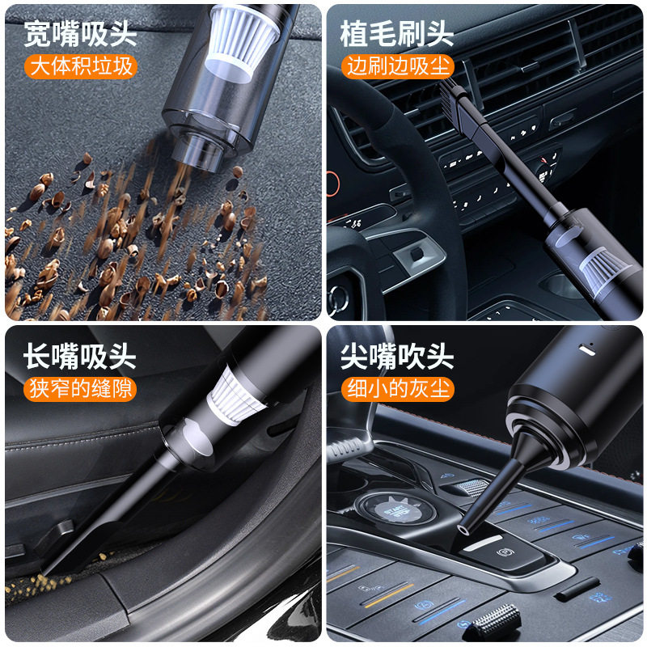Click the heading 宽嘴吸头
point(80,34)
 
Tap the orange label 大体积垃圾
point(80,66)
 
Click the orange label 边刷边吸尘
point(397,66)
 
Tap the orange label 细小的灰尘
point(397,389)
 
